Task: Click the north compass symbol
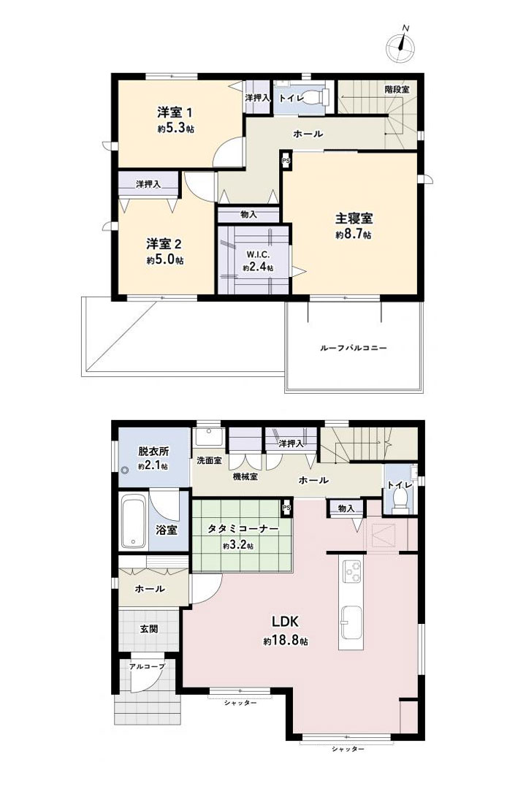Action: coord(401,45)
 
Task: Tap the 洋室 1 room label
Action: coord(174,112)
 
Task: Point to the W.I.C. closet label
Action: coord(259,255)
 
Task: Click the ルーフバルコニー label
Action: coord(354,348)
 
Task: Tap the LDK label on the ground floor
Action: coord(286,622)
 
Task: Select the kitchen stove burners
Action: coord(352,571)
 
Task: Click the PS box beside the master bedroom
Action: coord(286,161)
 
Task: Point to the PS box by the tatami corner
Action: coord(286,507)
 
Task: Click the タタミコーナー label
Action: coord(243,529)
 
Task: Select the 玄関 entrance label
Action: coord(149,628)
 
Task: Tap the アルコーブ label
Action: coord(147,666)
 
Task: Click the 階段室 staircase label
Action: coord(397,90)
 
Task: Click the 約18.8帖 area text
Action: coord(286,641)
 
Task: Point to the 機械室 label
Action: coord(245,476)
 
